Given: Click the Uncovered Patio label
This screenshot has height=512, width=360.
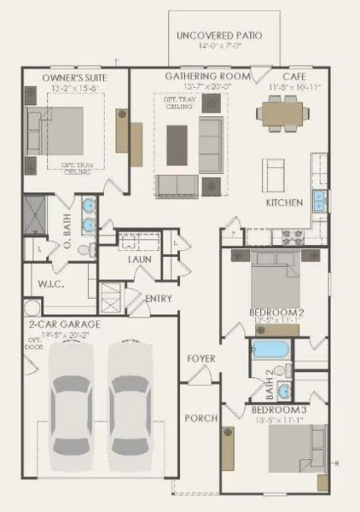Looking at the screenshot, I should point(218,36).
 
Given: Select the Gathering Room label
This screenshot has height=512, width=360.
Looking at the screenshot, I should point(208,76).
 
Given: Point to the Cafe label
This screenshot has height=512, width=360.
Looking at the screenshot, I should point(284,76).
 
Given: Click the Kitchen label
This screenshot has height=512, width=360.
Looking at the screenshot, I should point(284,203).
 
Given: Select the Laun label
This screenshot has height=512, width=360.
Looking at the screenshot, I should point(140,259).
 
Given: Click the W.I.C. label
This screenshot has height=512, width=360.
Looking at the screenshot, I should point(33,284).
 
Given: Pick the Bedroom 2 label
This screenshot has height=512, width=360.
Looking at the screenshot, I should point(276,312).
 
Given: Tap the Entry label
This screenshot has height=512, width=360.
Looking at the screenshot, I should point(159,299).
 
